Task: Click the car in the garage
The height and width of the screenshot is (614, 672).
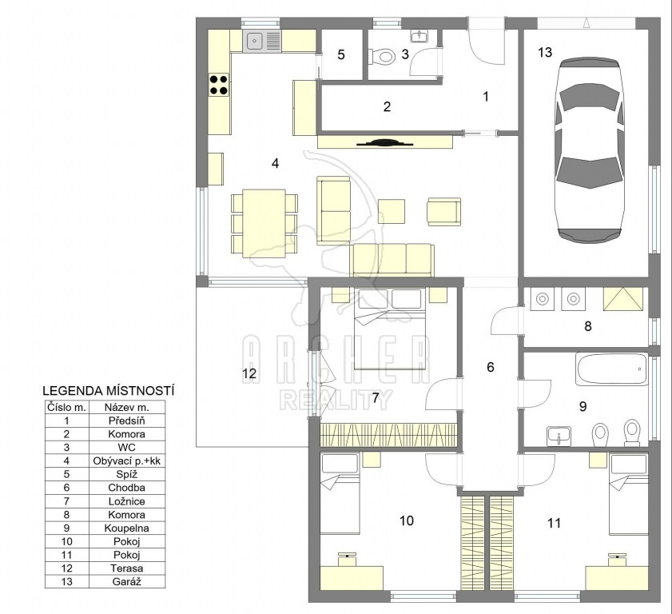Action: [589, 150]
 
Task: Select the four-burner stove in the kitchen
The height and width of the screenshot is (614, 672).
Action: [219, 85]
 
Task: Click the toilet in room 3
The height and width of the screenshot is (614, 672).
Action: [381, 56]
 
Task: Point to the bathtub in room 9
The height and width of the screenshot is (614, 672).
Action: [611, 369]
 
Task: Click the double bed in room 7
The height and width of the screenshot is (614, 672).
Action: [389, 329]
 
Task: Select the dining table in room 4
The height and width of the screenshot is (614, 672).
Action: [264, 223]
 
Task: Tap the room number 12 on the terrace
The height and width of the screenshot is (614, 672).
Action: [249, 373]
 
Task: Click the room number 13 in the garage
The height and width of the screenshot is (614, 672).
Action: [545, 52]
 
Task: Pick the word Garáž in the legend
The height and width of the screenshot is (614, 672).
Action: [127, 581]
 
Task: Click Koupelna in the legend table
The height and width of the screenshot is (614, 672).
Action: [127, 528]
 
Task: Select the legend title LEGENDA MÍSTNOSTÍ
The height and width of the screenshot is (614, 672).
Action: [109, 391]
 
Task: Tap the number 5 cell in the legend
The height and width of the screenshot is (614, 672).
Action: [66, 474]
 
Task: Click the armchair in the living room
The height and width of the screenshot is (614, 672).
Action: [444, 211]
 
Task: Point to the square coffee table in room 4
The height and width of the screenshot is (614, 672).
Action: [392, 211]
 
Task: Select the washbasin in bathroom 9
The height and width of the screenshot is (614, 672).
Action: [559, 436]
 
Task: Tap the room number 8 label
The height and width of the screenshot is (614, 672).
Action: [588, 326]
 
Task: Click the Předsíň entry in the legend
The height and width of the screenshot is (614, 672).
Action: [127, 421]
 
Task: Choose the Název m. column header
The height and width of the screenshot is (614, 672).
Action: [127, 407]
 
